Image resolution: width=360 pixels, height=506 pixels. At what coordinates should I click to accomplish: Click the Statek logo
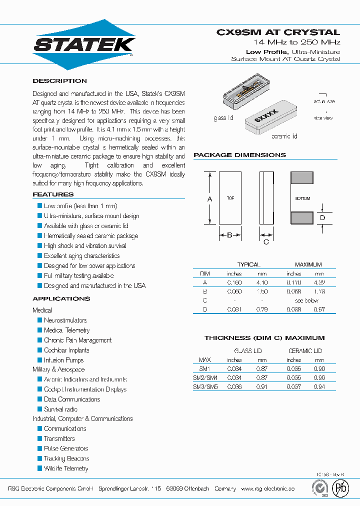pos(84,44)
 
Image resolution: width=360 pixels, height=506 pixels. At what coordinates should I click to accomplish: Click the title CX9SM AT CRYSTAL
pos(278,32)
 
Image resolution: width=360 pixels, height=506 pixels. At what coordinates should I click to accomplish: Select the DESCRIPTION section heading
pos(59,81)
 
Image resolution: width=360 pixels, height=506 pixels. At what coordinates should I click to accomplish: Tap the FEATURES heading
pos(53,194)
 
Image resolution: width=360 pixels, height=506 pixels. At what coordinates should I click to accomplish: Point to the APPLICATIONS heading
pos(61,298)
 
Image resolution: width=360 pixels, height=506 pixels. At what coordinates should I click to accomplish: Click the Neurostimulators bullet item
pos(65,320)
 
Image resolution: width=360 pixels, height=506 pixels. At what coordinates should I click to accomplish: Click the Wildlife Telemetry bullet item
pos(65,468)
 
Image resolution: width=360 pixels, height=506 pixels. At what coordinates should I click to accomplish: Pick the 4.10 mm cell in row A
pos(262,282)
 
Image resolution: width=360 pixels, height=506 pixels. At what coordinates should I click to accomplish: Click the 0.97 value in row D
pos(319,309)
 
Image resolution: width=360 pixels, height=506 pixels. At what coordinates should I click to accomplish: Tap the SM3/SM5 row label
pos(205,386)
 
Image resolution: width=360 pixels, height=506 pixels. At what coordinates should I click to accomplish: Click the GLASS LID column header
pos(248,351)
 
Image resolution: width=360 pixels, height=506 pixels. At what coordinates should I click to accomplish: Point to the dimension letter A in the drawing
pos(209,199)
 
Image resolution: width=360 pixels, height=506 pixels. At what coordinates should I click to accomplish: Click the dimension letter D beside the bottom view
pos(322,218)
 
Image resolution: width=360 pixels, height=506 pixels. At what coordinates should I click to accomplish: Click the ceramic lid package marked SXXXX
pos(268,119)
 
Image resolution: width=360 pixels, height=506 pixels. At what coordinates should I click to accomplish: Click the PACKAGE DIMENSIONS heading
pos(239,155)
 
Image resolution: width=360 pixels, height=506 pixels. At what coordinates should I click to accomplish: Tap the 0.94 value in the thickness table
pos(319,386)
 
